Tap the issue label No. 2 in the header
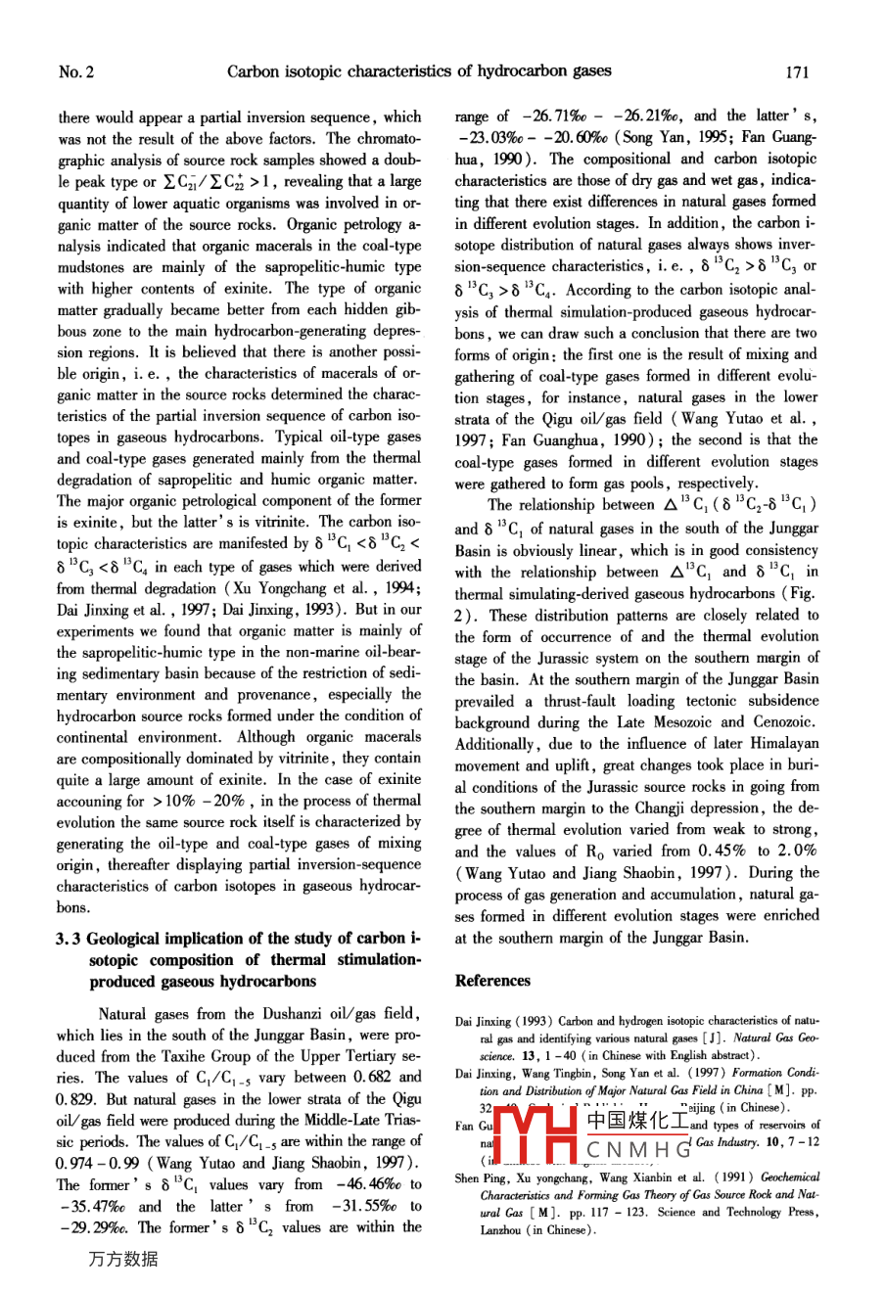(75, 71)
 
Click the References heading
(492, 981)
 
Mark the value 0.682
(376, 1078)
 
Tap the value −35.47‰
(86, 1206)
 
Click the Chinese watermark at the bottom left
(122, 1260)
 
